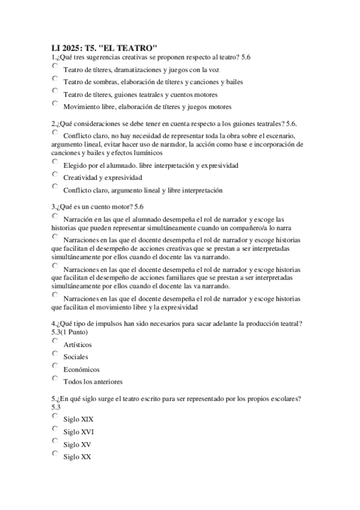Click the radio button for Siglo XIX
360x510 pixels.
(55, 416)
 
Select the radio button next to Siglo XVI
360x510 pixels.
(55, 428)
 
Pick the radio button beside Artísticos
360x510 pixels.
(55, 341)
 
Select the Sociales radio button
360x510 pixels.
(55, 354)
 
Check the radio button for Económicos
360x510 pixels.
(55, 366)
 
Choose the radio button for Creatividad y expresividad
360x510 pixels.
(55, 174)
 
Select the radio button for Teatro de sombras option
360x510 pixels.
(55, 79)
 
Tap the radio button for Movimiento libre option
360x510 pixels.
(55, 104)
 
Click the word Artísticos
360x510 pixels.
(78, 345)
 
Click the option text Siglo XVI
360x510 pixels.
(78, 432)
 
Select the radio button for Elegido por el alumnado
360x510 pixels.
(55, 162)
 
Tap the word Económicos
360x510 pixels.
(81, 369)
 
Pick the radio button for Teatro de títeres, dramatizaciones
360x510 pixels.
(55, 66)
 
